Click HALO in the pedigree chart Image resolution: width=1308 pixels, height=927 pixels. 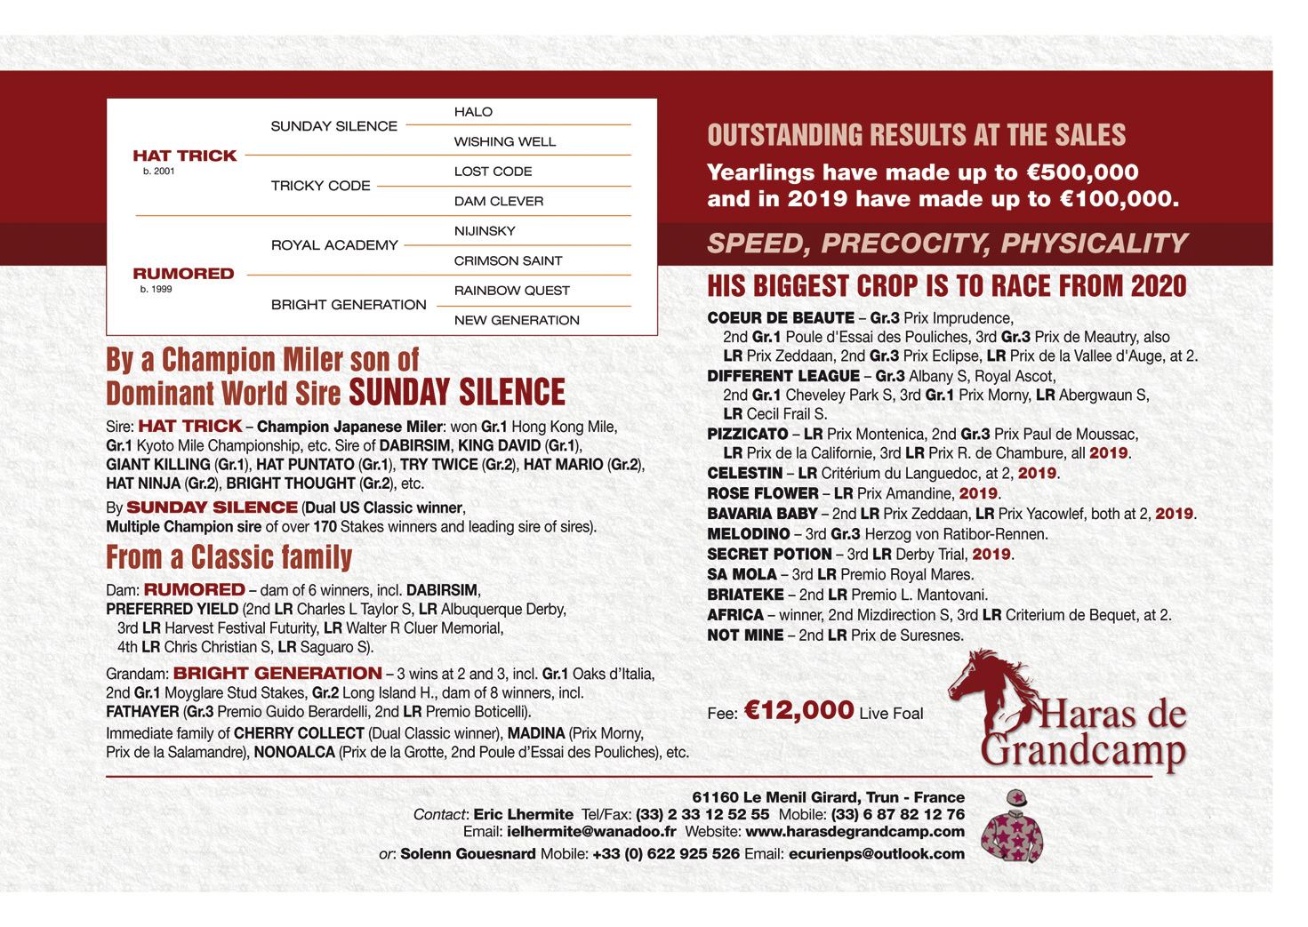pos(473,112)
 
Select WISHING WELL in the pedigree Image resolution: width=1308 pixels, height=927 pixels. pos(504,141)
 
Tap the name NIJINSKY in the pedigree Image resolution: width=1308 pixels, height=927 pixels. pos(485,231)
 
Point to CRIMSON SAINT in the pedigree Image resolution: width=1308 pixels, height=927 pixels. pos(508,260)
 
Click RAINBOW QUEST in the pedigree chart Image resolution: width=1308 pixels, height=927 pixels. pos(511,291)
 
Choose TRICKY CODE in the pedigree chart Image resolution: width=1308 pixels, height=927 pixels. pos(320,186)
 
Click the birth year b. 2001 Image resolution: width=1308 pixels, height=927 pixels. pos(159,172)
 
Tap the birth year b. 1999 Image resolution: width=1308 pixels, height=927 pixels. pos(156,290)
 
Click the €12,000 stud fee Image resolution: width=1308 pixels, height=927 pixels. pos(798,710)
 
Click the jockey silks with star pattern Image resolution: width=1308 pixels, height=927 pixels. pos(1011,826)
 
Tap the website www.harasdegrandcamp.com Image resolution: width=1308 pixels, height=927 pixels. pos(855,833)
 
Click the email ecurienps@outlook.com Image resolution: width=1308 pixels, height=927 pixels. pos(876,854)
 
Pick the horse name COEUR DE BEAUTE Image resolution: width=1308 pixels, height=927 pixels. pos(780,318)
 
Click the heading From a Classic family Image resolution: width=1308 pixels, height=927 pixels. pos(229,558)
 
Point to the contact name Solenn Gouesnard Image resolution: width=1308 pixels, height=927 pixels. pos(468,854)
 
